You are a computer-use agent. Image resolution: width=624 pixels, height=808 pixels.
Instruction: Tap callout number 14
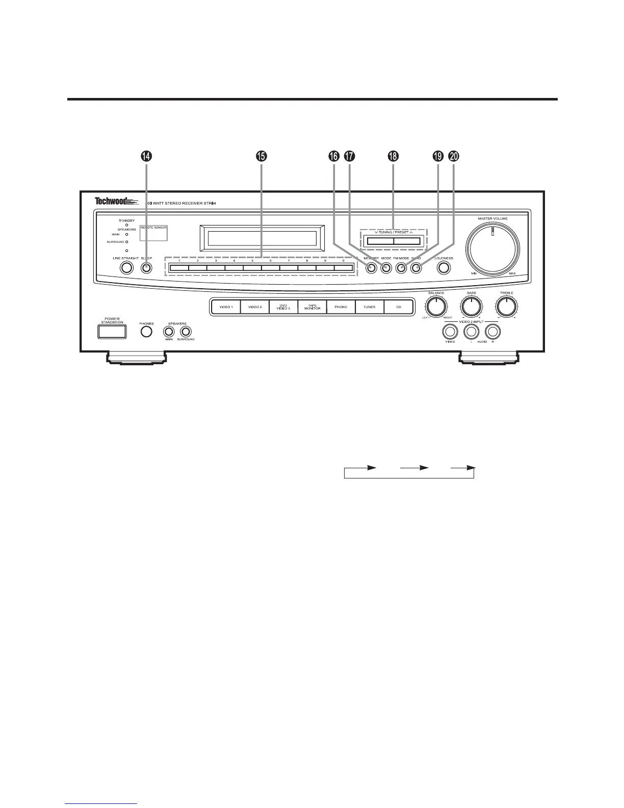click(146, 157)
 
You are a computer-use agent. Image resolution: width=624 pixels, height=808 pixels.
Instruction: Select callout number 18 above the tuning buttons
click(393, 157)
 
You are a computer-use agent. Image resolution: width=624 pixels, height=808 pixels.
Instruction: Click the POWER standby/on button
click(112, 332)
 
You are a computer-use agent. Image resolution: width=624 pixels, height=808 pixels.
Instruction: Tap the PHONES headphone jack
click(146, 332)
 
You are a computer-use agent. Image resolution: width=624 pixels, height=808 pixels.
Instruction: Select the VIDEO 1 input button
click(226, 307)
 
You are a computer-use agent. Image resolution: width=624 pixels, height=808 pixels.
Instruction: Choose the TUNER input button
click(369, 307)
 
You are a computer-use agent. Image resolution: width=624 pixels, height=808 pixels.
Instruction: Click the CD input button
click(398, 307)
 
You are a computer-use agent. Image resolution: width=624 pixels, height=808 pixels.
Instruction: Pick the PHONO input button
click(341, 307)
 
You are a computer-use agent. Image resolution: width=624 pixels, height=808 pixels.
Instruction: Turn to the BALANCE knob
click(436, 307)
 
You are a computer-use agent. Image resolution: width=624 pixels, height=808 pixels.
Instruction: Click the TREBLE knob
click(506, 307)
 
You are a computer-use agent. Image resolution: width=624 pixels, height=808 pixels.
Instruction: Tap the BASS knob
click(471, 307)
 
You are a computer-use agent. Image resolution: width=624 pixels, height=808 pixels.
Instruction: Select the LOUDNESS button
click(444, 268)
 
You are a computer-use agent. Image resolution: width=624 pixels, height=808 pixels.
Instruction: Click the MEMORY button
click(371, 268)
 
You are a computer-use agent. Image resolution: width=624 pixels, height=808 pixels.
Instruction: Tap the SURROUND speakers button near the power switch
click(186, 332)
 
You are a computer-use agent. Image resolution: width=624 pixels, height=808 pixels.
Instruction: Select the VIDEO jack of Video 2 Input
click(450, 332)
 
